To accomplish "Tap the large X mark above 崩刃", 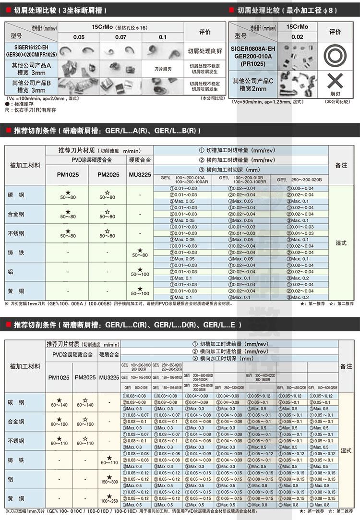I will pyautogui.click(x=335, y=80).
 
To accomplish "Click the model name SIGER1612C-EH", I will pyautogui.click(x=31, y=47).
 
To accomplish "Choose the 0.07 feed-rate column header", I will pyautogui.click(x=121, y=37).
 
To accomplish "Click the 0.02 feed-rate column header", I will pyautogui.click(x=297, y=37).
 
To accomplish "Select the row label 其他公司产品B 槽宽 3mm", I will pyautogui.click(x=31, y=86).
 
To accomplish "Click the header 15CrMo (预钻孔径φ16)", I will pyautogui.click(x=121, y=27).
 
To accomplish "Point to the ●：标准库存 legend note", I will pyautogui.click(x=22, y=104).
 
